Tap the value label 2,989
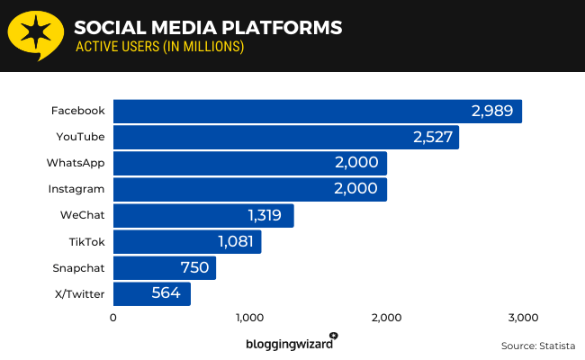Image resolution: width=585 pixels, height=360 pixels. pos(491,112)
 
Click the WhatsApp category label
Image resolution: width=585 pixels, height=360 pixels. pos(76,163)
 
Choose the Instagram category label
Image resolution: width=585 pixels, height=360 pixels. pos(76,189)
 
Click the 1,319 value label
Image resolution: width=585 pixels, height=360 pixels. pos(265,216)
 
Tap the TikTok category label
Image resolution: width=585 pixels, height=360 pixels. pos(87,241)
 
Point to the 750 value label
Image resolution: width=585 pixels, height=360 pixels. pos(194,267)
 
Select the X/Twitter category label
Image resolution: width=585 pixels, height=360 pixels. pos(79,293)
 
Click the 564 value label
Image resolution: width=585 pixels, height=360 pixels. pos(166,293)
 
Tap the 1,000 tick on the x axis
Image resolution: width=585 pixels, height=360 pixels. pos(249,318)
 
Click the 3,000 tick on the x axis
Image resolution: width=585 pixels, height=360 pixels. pos(523,318)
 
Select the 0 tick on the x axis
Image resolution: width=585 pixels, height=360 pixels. pos(113,318)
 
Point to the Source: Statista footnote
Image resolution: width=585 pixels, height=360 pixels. pos(537,346)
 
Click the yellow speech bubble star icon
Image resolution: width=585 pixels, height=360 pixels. pos(35,35)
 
